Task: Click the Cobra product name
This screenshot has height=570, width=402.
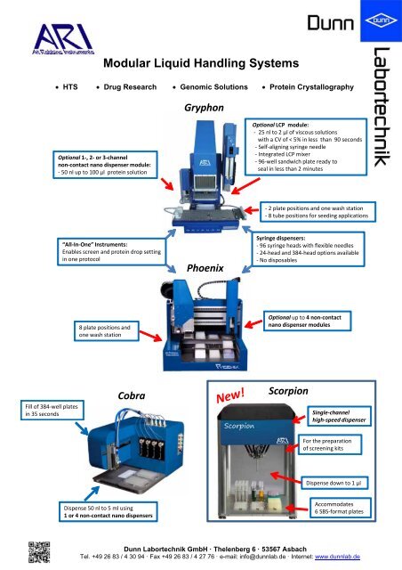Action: point(132,395)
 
